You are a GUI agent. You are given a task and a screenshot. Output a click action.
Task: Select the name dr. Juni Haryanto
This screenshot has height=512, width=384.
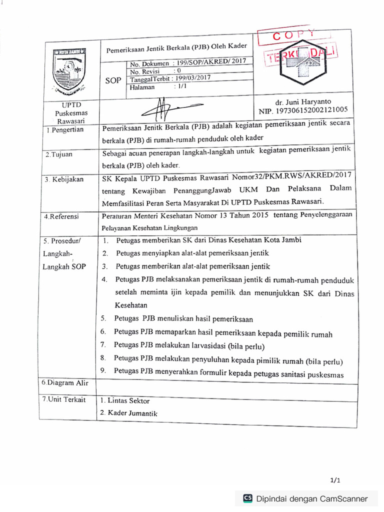pyautogui.click(x=303, y=101)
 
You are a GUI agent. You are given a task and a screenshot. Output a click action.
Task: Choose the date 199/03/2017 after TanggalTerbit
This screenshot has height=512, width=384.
pyautogui.click(x=191, y=78)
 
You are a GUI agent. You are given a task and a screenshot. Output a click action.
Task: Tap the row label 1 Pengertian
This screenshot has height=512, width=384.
pyautogui.click(x=65, y=130)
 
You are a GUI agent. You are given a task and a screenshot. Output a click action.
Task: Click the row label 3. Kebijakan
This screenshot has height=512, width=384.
pyautogui.click(x=64, y=179)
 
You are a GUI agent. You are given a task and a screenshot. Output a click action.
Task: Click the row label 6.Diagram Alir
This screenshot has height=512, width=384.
pyautogui.click(x=65, y=383)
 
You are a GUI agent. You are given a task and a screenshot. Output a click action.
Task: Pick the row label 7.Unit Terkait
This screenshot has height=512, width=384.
pyautogui.click(x=64, y=399)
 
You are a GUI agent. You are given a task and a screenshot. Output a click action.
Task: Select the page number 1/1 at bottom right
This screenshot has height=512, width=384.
pyautogui.click(x=335, y=480)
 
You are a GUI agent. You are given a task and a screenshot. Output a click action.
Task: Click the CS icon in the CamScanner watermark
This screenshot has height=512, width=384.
pyautogui.click(x=247, y=498)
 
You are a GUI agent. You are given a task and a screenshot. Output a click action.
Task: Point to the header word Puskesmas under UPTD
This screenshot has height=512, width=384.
pyautogui.click(x=71, y=113)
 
